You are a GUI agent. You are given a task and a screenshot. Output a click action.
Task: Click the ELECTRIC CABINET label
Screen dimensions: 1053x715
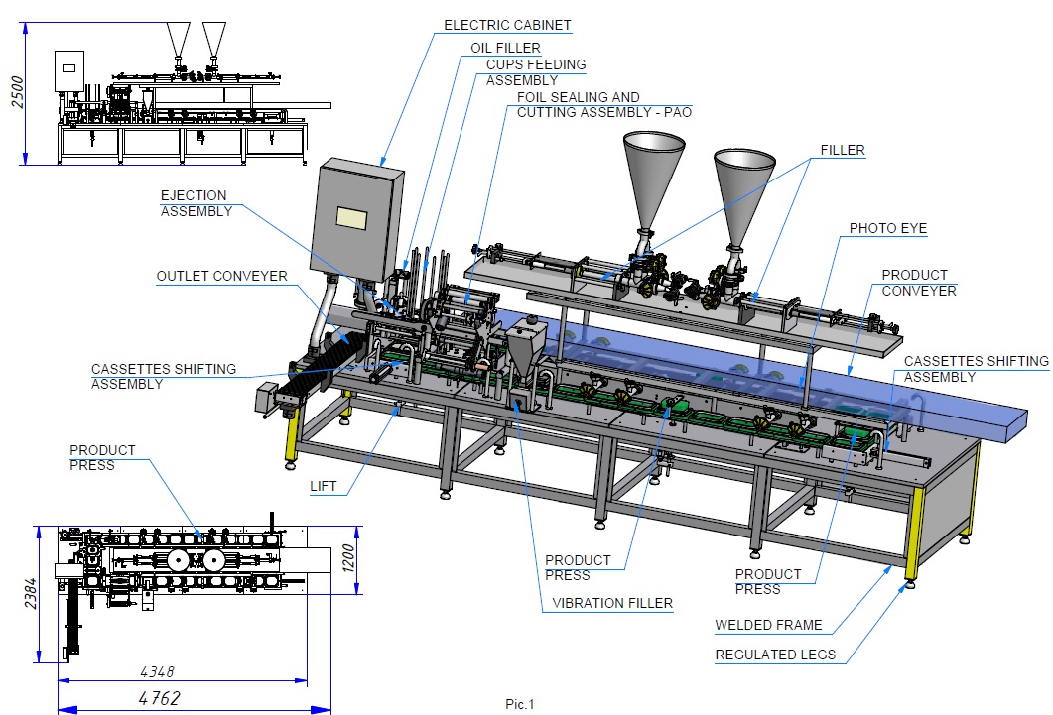507,26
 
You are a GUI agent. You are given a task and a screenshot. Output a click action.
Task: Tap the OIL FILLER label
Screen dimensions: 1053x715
505,48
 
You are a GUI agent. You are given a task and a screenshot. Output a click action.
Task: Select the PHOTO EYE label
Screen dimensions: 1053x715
888,228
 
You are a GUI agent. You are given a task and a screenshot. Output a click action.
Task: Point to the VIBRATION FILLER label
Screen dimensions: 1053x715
611,603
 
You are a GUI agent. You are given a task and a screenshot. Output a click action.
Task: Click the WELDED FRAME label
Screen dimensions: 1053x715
768,625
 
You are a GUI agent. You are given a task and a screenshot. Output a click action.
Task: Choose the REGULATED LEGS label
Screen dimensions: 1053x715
775,655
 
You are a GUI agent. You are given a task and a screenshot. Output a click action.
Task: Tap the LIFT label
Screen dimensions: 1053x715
323,486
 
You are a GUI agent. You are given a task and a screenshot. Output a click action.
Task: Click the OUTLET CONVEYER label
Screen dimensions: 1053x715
221,277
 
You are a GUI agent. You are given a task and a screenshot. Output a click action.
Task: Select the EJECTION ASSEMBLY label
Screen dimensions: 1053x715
197,203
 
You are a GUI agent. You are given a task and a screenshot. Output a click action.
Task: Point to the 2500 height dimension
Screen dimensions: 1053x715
18,92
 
